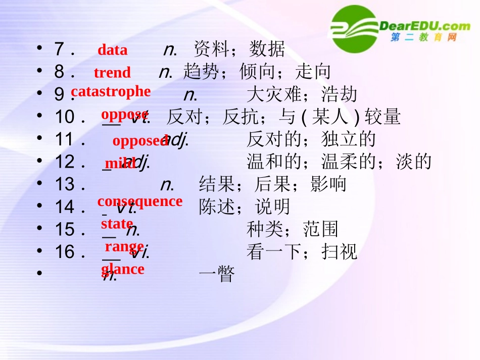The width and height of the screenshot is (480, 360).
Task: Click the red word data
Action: [112, 50]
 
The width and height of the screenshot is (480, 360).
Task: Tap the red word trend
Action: [112, 73]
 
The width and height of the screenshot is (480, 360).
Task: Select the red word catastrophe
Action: [111, 91]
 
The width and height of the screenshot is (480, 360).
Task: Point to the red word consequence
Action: [139, 201]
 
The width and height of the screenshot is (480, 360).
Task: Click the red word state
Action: [117, 223]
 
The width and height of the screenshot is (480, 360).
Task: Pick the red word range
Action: [124, 246]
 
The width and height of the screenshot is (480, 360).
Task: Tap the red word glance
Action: [123, 269]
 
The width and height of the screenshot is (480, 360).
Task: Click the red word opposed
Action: [140, 141]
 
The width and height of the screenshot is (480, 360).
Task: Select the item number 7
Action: [59, 49]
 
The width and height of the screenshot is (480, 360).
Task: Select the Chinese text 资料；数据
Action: [239, 49]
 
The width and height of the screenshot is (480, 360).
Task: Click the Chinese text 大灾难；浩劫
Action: [302, 94]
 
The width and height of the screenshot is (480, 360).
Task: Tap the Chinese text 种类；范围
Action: [292, 229]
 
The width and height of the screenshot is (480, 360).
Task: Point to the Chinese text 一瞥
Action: [217, 275]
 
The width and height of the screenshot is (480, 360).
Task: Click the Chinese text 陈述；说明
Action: [245, 207]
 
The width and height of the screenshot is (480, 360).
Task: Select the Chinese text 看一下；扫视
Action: [302, 251]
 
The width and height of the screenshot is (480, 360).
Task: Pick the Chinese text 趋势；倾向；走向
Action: [257, 72]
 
